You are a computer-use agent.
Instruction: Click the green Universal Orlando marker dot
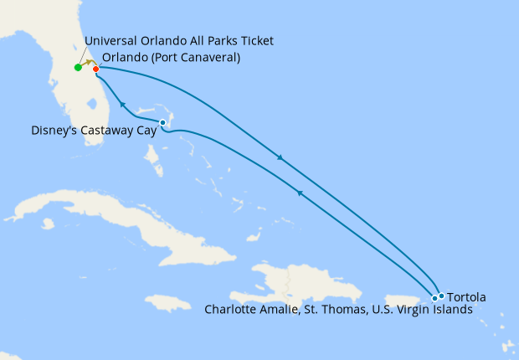(78, 67)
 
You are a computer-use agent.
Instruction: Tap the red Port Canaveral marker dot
(95, 69)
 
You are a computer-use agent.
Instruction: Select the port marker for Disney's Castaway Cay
(162, 123)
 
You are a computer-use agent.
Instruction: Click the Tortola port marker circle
(442, 296)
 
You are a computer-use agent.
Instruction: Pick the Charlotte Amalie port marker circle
(434, 298)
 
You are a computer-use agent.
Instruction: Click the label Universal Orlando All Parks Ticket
(179, 41)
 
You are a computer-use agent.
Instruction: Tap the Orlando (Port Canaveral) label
(171, 58)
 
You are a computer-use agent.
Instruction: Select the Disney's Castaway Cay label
(94, 131)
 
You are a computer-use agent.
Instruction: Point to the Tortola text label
(466, 296)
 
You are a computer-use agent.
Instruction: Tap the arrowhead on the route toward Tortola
(280, 157)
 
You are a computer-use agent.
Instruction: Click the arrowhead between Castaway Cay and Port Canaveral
(122, 105)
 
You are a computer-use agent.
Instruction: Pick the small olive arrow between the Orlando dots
(87, 63)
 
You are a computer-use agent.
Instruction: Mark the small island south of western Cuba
(48, 224)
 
